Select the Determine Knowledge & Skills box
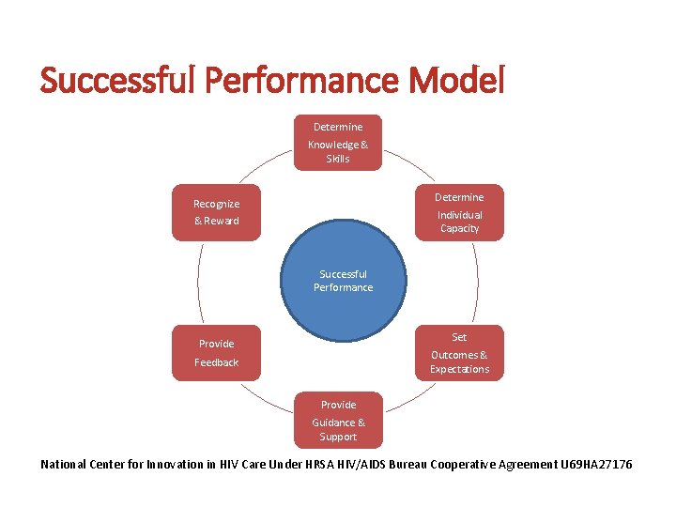pyautogui.click(x=338, y=143)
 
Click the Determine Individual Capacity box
pyautogui.click(x=459, y=212)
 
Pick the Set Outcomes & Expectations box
pyautogui.click(x=459, y=352)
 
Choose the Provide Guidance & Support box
pyautogui.click(x=338, y=420)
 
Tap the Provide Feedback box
pyautogui.click(x=216, y=352)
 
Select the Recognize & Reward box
pyautogui.click(x=216, y=212)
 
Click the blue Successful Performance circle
pyautogui.click(x=343, y=281)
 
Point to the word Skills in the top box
pyautogui.click(x=338, y=159)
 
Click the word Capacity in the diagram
pyautogui.click(x=459, y=228)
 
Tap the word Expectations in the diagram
pyautogui.click(x=459, y=369)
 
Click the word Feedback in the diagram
pyautogui.click(x=216, y=362)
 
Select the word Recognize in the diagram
pyautogui.click(x=216, y=204)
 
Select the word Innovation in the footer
pyautogui.click(x=182, y=465)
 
